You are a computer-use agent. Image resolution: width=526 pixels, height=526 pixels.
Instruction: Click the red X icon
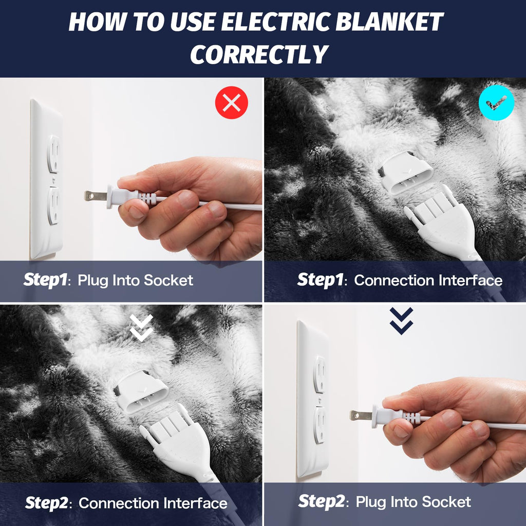point(231,103)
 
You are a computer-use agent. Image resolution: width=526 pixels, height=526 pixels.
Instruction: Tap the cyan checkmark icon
point(496,103)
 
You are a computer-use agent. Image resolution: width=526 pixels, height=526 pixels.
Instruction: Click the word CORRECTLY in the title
point(259,54)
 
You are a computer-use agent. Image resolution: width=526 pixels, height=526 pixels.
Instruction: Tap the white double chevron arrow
point(141,328)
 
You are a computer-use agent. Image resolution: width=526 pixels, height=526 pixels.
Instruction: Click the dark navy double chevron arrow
point(401,321)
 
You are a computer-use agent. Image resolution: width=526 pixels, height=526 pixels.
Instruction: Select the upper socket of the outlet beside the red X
point(53,154)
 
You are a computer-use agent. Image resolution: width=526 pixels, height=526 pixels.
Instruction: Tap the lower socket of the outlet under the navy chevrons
point(320,424)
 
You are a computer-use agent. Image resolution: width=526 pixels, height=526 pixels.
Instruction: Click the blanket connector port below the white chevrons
point(141,393)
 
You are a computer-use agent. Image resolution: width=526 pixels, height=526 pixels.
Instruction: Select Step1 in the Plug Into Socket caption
point(45,280)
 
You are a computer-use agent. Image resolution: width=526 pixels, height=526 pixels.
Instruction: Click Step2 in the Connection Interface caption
point(46,503)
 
